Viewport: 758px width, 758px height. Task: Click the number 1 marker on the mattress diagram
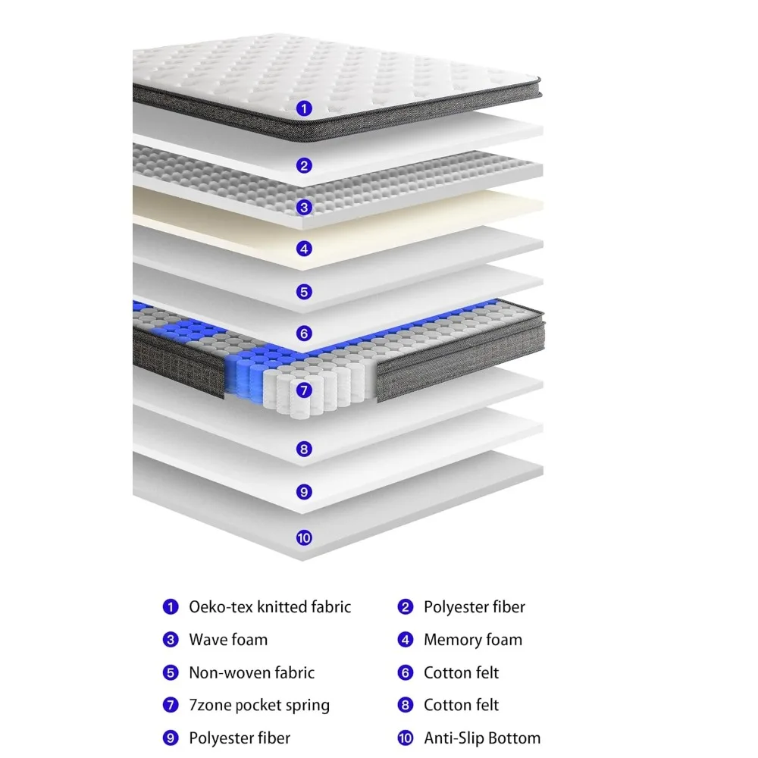tap(304, 108)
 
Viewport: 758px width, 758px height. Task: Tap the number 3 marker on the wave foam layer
tap(304, 207)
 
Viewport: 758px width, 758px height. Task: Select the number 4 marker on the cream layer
tap(304, 249)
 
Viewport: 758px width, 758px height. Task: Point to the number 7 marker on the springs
tap(304, 391)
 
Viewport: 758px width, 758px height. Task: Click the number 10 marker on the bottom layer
tap(304, 538)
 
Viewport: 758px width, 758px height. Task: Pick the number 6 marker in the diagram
tap(304, 333)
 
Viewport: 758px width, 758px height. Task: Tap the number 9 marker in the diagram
tap(304, 492)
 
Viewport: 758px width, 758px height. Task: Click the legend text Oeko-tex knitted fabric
tap(270, 606)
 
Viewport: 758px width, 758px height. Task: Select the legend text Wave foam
tap(228, 640)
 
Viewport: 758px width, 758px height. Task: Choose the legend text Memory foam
tap(473, 640)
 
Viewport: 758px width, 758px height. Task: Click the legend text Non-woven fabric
tap(251, 672)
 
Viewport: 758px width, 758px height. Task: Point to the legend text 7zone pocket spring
tap(259, 705)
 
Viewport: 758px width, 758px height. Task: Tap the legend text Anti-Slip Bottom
tap(482, 738)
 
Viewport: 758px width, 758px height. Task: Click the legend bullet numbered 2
tap(406, 606)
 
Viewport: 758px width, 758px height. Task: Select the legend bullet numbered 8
tap(406, 705)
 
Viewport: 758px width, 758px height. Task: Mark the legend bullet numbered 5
tap(170, 672)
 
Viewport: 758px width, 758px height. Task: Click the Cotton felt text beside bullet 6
tap(461, 672)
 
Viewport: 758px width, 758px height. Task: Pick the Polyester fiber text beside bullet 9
tap(240, 738)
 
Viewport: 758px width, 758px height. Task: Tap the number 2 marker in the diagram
tap(304, 165)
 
